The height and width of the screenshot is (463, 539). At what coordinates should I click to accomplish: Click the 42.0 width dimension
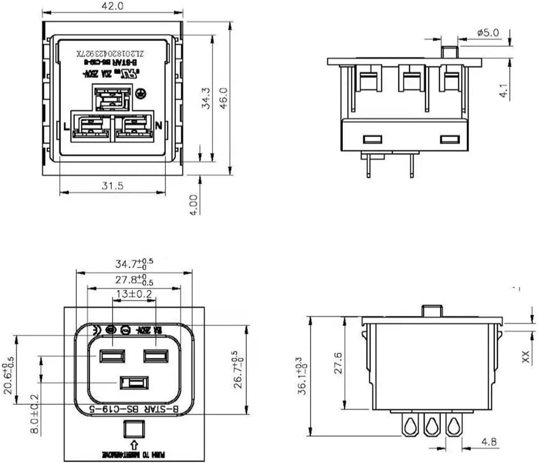pyautogui.click(x=112, y=6)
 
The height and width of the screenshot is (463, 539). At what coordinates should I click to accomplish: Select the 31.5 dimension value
pyautogui.click(x=112, y=185)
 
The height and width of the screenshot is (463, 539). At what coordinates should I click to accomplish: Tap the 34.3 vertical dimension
pyautogui.click(x=206, y=99)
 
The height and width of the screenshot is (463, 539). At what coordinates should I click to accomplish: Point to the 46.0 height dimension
pyautogui.click(x=224, y=98)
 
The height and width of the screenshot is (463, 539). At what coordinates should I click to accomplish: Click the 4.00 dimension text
pyautogui.click(x=193, y=205)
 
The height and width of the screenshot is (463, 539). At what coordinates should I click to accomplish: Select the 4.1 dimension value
pyautogui.click(x=504, y=91)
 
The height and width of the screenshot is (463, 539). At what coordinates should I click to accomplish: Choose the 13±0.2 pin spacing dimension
pyautogui.click(x=134, y=294)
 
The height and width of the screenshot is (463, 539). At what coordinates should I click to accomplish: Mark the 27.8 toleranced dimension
pyautogui.click(x=134, y=279)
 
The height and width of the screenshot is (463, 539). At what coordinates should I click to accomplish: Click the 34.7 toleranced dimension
pyautogui.click(x=134, y=264)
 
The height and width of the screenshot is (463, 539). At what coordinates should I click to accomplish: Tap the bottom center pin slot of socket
pyautogui.click(x=134, y=383)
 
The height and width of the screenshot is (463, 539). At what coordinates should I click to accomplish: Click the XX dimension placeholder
pyautogui.click(x=525, y=357)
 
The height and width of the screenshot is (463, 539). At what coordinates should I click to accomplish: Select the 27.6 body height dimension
pyautogui.click(x=338, y=363)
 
